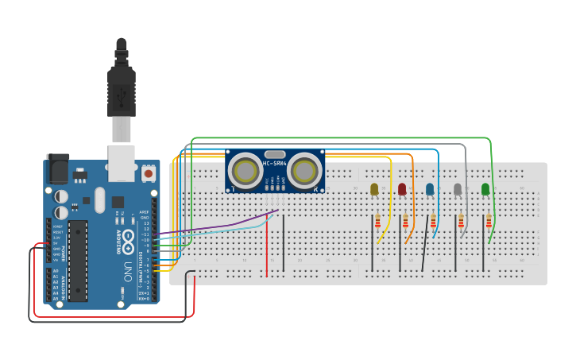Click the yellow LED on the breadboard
[374, 189]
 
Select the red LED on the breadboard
[402, 189]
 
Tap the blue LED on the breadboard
[430, 189]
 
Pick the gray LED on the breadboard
[458, 189]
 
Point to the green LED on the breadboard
[485, 189]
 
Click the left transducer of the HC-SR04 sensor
[245, 168]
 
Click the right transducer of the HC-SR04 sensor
[304, 168]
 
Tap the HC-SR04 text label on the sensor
[275, 164]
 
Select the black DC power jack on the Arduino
[57, 168]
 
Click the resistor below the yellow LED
[377, 221]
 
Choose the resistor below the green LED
[489, 221]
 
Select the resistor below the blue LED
[433, 221]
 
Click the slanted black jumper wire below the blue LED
[425, 250]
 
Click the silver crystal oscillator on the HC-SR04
[275, 154]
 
